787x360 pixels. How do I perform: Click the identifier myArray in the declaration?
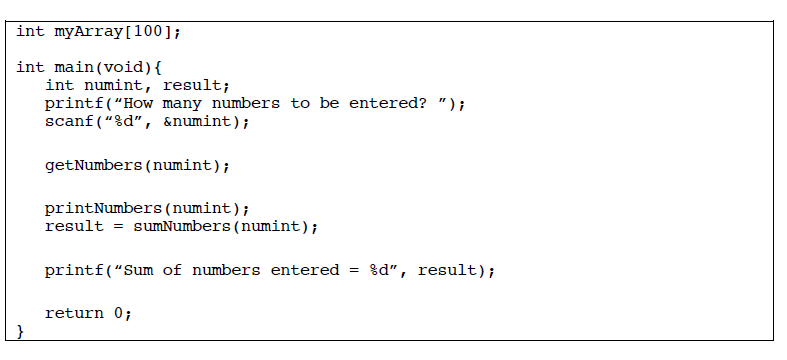(x=88, y=31)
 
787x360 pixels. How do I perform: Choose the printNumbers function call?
(x=103, y=209)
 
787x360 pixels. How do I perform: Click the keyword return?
(x=73, y=314)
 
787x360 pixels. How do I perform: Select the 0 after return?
(x=118, y=314)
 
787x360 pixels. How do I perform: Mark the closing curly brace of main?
(x=21, y=332)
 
